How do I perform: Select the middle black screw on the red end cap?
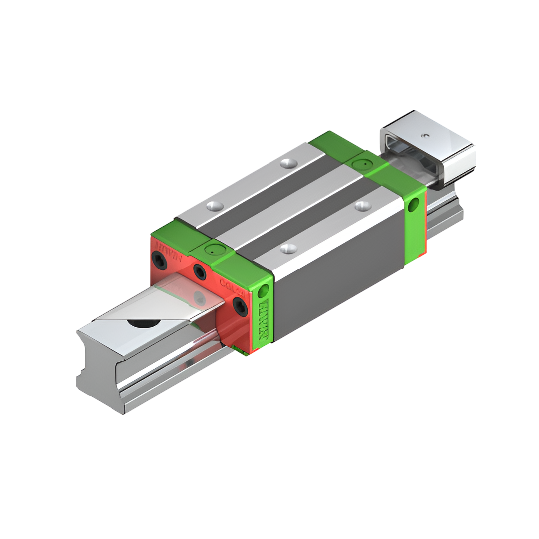(x=200, y=272)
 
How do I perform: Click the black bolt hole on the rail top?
(x=144, y=323)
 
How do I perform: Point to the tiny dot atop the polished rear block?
(x=425, y=135)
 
